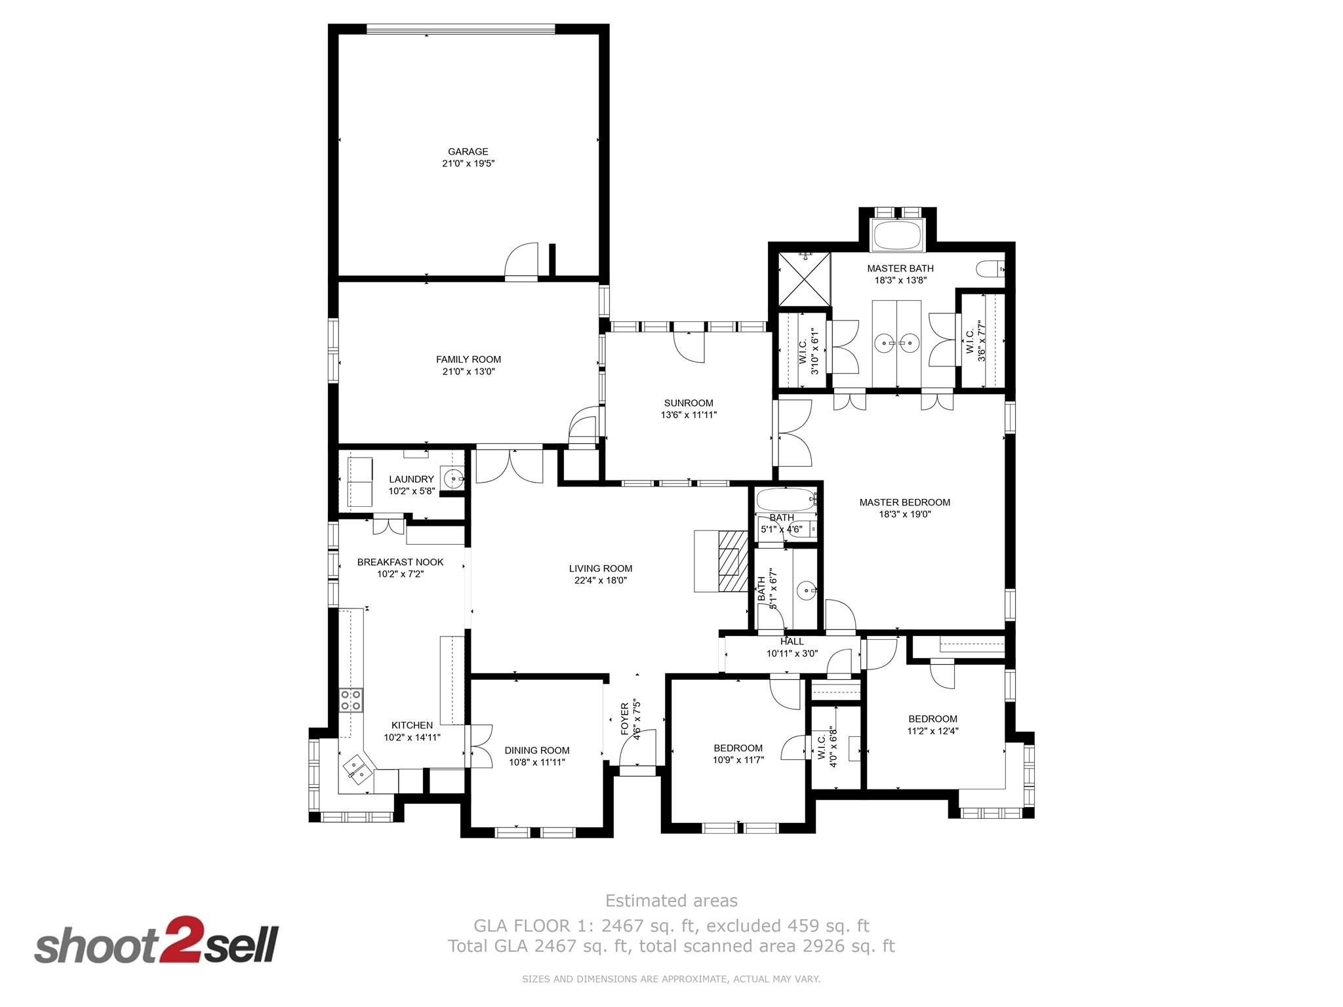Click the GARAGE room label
pyautogui.click(x=468, y=151)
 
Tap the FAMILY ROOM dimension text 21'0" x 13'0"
pyautogui.click(x=468, y=372)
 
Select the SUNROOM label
pyautogui.click(x=689, y=403)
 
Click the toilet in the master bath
pyautogui.click(x=991, y=269)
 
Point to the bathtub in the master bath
pyautogui.click(x=896, y=235)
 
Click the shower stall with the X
pyautogui.click(x=804, y=279)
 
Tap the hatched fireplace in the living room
pyautogui.click(x=733, y=562)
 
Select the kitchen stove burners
pyautogui.click(x=351, y=700)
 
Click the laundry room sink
pyautogui.click(x=454, y=479)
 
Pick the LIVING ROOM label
pyautogui.click(x=601, y=568)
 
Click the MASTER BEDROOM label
pyautogui.click(x=905, y=502)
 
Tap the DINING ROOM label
pyautogui.click(x=537, y=750)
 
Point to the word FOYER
pyautogui.click(x=625, y=719)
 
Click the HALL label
pyautogui.click(x=792, y=642)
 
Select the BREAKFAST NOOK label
pyautogui.click(x=400, y=562)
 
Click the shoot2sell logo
pyautogui.click(x=157, y=939)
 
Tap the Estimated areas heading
pyautogui.click(x=671, y=901)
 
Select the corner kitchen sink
pyautogui.click(x=356, y=770)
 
